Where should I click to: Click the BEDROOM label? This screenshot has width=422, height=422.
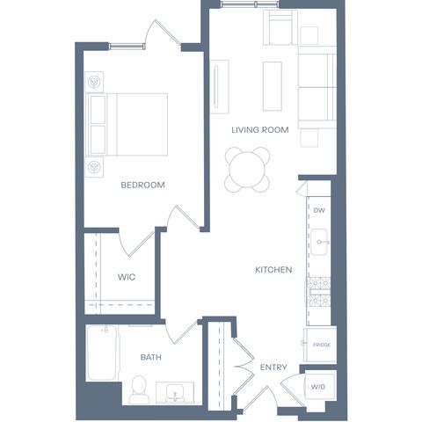142,185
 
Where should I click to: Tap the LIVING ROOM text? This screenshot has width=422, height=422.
260,130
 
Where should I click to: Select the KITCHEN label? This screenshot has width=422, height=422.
273,270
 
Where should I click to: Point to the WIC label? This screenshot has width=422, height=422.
127,277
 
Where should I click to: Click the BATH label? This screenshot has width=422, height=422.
150,357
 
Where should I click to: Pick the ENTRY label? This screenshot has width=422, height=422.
273,367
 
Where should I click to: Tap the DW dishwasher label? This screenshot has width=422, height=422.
319,210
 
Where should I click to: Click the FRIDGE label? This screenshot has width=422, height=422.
322,345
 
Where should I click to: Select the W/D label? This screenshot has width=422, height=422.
318,387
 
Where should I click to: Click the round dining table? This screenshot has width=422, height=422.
247,170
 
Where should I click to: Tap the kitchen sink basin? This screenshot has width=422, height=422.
319,242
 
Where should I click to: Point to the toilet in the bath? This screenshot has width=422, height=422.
139,390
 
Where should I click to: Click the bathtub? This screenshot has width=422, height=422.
102,353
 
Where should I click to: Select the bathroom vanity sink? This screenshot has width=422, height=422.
175,393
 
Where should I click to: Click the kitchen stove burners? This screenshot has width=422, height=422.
318,292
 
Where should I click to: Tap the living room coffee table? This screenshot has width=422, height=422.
273,86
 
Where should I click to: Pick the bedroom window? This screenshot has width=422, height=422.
127,46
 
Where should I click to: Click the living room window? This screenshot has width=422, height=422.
250,4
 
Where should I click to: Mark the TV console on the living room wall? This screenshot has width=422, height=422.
219,87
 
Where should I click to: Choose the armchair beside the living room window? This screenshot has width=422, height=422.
280,27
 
